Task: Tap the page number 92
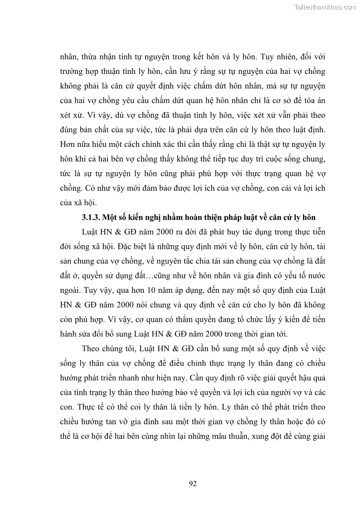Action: point(192,484)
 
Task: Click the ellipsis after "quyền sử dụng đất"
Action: point(143,276)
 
